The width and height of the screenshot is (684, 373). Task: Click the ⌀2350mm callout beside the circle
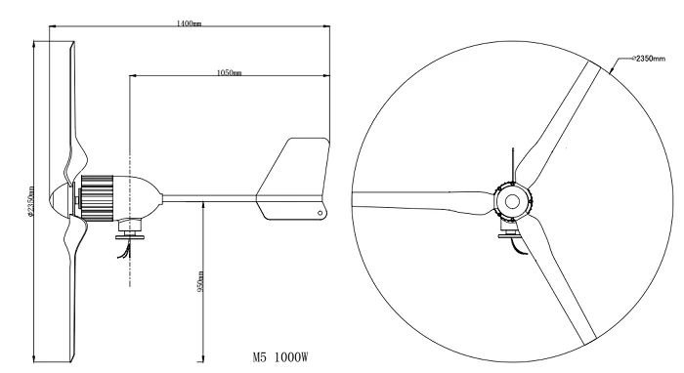click(646, 59)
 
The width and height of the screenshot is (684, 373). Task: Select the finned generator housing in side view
click(99, 195)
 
